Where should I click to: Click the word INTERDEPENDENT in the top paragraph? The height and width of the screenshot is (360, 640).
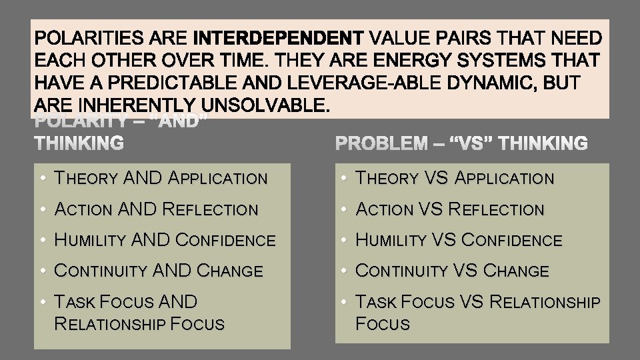coord(279,37)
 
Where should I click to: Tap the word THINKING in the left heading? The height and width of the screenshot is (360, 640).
coord(79,143)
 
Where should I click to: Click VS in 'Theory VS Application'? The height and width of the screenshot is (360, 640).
coord(438,178)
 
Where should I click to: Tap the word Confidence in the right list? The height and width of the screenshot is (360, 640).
coord(512,240)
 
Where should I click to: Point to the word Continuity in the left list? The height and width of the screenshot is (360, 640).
coord(101,271)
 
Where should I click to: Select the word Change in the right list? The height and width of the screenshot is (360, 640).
coord(516,271)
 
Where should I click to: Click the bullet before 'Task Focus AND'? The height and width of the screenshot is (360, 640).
coord(41,302)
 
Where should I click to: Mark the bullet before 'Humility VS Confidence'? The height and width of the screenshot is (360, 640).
coord(344,240)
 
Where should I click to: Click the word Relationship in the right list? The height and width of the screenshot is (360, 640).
coord(545,302)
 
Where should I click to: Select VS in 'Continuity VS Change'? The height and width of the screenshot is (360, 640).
coord(467,271)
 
